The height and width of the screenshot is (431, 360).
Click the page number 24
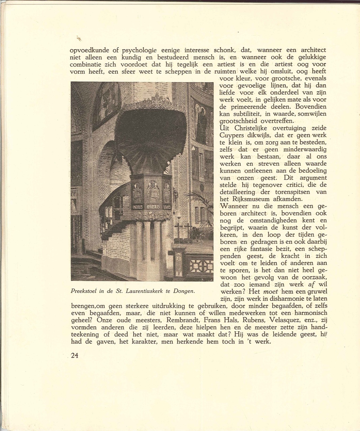[74, 356]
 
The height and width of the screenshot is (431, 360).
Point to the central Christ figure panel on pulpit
[153, 191]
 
